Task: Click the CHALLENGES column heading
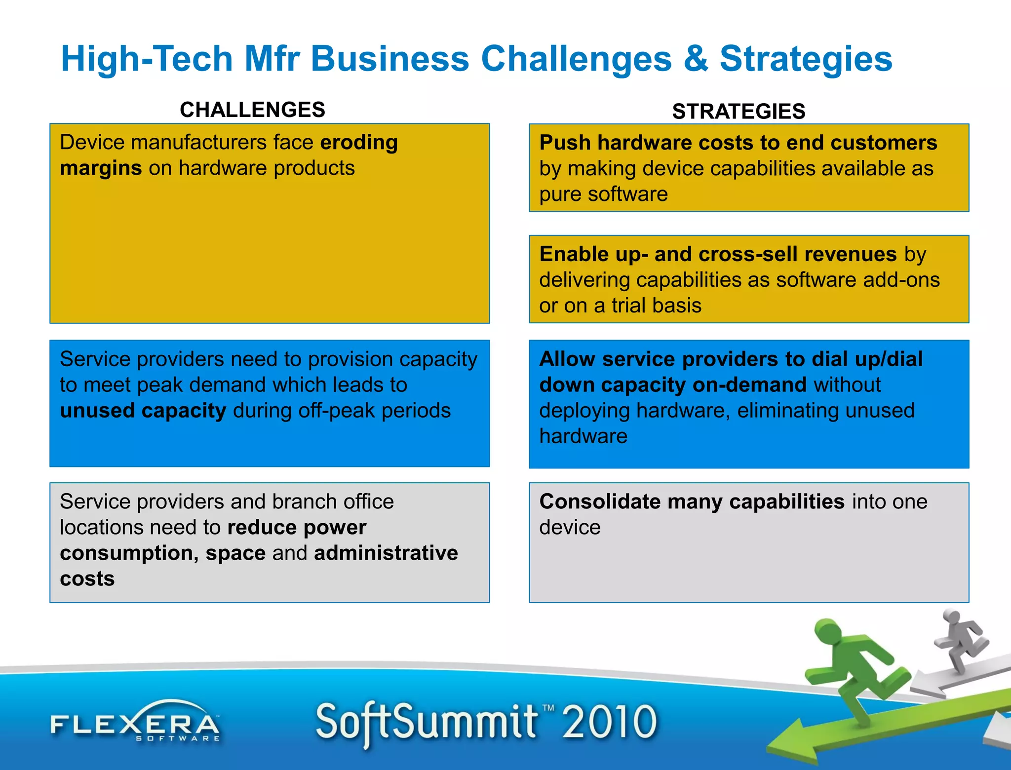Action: click(x=252, y=110)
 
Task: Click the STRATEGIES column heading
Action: click(x=739, y=112)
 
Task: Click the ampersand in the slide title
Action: click(x=696, y=59)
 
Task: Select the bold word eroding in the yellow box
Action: click(x=359, y=142)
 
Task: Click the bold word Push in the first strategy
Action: click(x=565, y=143)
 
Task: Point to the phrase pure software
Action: click(x=603, y=194)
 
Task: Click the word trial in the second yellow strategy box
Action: click(x=632, y=306)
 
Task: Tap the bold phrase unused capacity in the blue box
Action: click(x=143, y=411)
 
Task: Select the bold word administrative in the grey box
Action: click(x=386, y=553)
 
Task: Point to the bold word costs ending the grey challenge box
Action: click(x=87, y=578)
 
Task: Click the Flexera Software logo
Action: click(x=135, y=723)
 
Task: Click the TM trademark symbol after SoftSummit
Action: click(x=548, y=708)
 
